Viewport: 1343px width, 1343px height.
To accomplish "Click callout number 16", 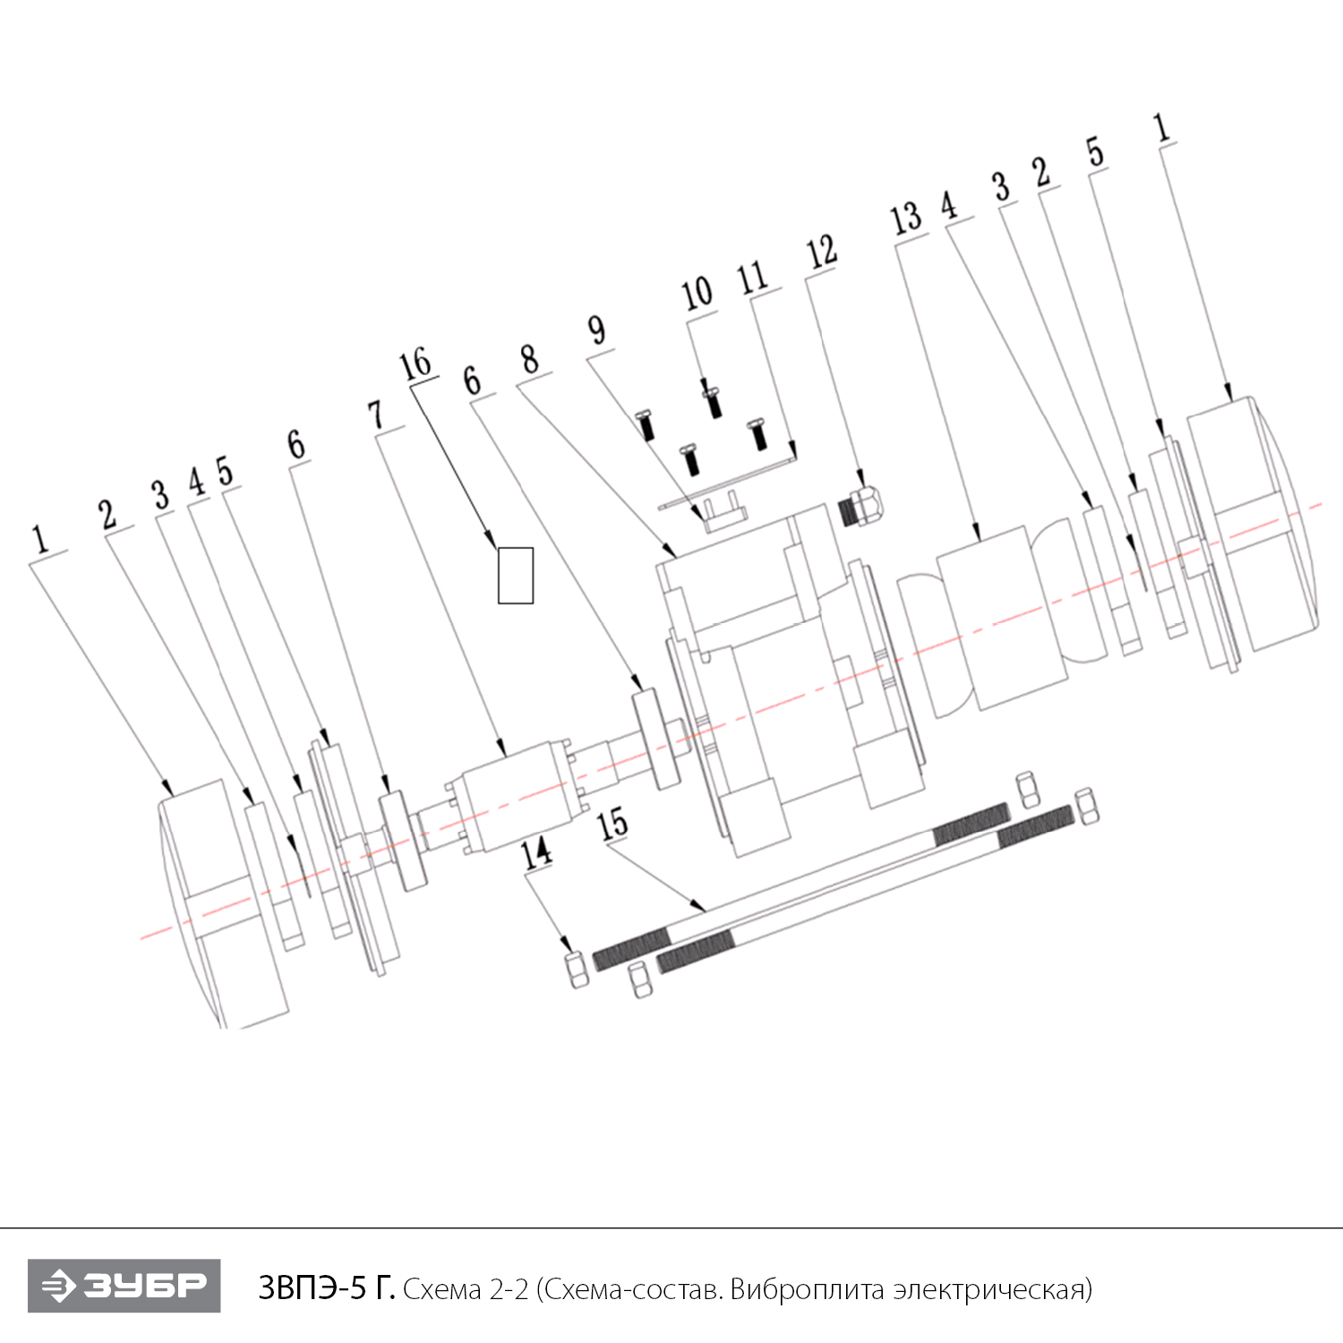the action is tap(415, 365).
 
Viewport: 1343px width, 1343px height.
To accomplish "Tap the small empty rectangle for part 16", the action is tap(516, 576).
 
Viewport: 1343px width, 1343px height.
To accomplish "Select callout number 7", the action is tap(376, 415).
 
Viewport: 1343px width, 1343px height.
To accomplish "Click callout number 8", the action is tap(530, 360).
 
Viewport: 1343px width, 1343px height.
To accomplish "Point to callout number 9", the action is tap(597, 330).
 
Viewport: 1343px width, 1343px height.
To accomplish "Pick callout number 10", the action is tap(697, 294).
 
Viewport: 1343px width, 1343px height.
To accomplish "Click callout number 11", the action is tap(753, 278).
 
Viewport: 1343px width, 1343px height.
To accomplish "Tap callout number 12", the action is tap(822, 252).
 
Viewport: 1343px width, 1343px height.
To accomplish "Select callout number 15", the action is tap(613, 824).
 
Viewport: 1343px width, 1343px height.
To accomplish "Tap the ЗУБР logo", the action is tap(124, 1286).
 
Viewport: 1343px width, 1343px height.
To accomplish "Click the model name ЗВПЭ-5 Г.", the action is tap(326, 1287).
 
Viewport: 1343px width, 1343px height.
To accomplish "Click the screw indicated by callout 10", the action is tap(713, 399).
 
